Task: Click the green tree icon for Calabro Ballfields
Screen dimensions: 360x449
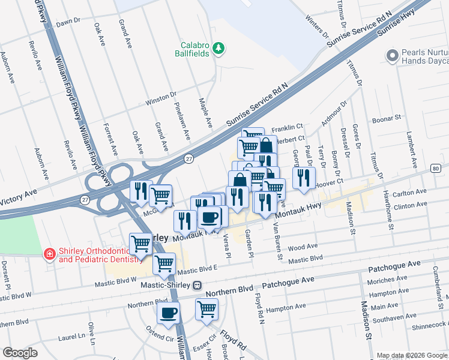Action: coord(219,48)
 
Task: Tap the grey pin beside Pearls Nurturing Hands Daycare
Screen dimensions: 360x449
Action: coord(393,56)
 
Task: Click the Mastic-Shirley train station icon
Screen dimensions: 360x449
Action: coord(197,286)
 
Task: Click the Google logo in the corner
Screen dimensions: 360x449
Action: coord(20,353)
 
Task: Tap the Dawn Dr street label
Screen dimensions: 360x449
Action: coord(68,22)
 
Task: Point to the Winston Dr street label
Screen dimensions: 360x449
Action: coord(161,98)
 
